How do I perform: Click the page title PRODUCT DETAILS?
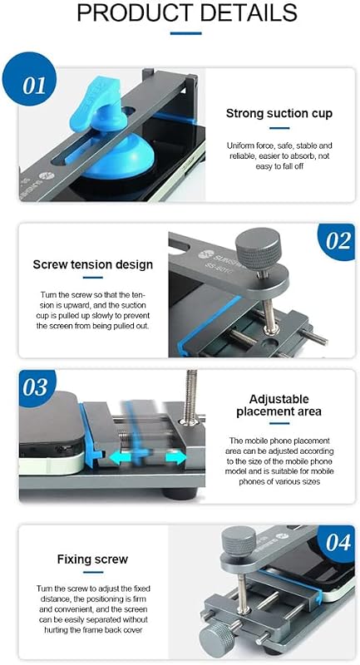[187, 12]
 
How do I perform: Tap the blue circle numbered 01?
[29, 79]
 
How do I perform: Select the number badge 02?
[337, 241]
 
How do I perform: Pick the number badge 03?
[37, 387]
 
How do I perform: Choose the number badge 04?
[337, 543]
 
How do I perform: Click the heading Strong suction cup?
[279, 113]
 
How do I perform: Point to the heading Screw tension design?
[93, 264]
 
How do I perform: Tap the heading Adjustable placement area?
[279, 406]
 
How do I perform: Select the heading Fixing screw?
[92, 559]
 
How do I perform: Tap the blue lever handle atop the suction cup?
[96, 101]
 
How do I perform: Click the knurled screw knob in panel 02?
[258, 251]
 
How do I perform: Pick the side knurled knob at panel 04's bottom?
[215, 641]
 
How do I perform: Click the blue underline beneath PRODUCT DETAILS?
[186, 33]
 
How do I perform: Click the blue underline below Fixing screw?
[93, 572]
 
